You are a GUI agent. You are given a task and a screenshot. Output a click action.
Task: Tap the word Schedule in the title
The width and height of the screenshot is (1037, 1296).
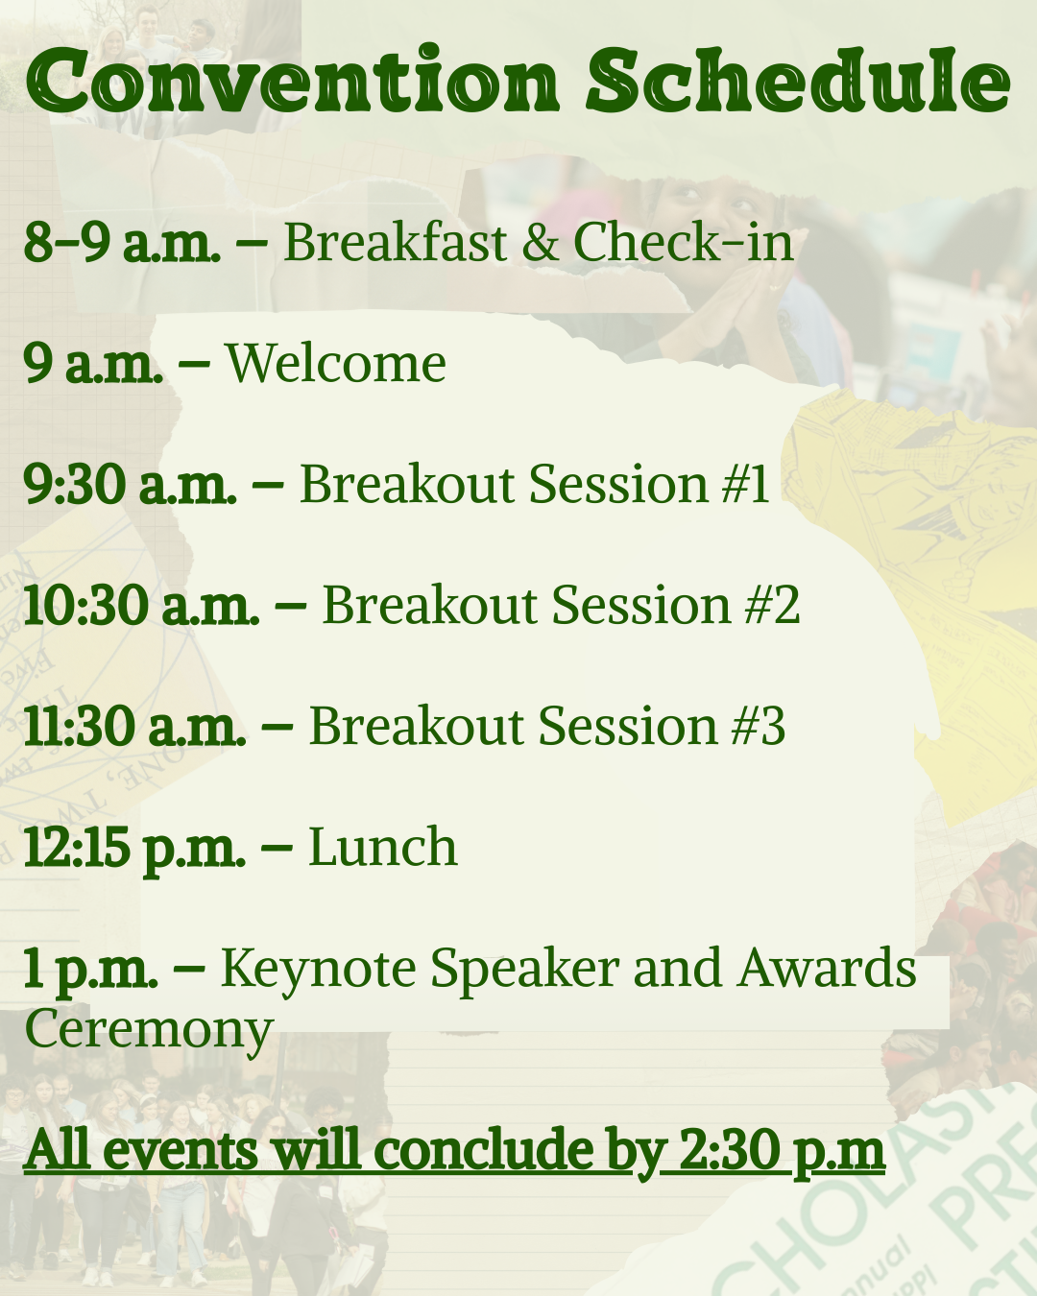click(x=799, y=79)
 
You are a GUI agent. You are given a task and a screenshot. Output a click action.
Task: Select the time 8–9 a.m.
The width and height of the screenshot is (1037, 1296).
click(x=122, y=242)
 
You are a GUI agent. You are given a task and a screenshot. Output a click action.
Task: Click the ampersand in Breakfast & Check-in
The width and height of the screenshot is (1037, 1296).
click(x=540, y=242)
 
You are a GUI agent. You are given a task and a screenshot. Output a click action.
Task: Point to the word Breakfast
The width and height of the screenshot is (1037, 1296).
click(x=396, y=241)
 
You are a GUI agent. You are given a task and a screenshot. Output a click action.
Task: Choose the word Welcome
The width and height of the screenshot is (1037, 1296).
click(x=336, y=363)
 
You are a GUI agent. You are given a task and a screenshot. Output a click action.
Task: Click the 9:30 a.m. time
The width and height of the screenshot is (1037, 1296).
click(x=131, y=484)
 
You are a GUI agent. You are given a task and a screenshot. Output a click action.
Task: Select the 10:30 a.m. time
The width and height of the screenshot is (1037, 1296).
click(x=141, y=605)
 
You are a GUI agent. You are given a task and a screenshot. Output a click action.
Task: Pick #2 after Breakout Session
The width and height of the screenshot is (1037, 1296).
click(x=772, y=604)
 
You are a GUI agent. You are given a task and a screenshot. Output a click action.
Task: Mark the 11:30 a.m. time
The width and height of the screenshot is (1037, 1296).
click(x=135, y=727)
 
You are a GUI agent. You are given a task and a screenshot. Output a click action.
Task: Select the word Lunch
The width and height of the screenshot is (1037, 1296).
click(x=383, y=847)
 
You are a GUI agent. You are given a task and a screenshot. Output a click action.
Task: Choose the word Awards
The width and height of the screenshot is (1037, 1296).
click(x=827, y=968)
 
